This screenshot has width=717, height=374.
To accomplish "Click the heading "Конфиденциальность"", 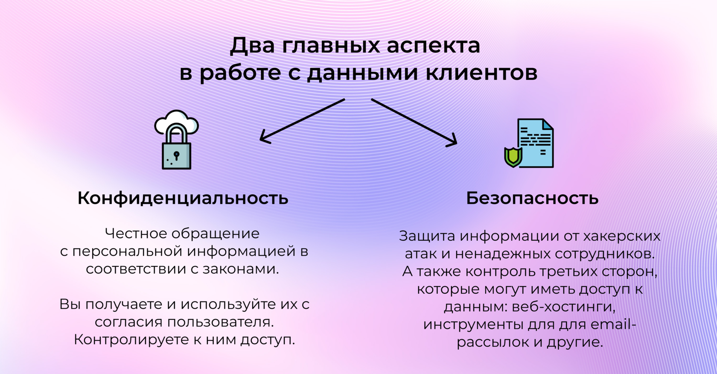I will click(x=183, y=199).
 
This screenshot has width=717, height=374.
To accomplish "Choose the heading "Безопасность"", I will click(x=532, y=199).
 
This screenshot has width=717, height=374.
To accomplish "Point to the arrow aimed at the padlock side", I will click(x=302, y=120).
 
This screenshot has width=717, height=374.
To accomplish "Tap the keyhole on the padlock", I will click(x=176, y=155).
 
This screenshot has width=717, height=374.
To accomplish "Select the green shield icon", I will click(x=513, y=156).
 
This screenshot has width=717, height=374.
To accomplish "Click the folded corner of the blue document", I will click(x=547, y=124).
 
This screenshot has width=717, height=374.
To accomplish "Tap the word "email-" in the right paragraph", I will click(x=614, y=324).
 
